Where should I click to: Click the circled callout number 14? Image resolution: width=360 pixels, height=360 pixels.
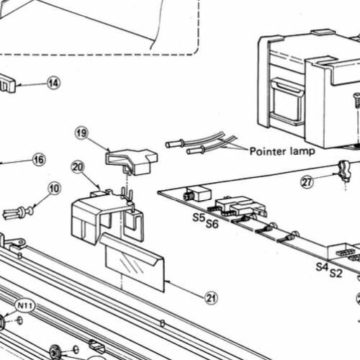click(53, 83)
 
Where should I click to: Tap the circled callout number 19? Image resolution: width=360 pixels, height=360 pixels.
click(81, 133)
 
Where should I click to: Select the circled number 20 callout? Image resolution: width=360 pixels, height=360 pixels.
click(78, 167)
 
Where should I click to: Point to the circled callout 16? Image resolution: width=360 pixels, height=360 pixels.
click(39, 160)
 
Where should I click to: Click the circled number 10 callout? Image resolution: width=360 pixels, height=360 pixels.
click(54, 189)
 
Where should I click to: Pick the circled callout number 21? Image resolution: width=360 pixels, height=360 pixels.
click(212, 298)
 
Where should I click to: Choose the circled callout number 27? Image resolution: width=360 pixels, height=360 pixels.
click(307, 182)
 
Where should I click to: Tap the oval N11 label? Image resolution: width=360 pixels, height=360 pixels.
click(25, 306)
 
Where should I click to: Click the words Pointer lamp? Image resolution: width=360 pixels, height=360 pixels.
click(282, 151)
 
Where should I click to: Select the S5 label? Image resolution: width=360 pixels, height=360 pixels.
click(199, 218)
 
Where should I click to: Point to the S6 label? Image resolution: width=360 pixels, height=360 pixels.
click(212, 224)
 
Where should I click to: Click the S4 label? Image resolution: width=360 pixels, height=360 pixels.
click(323, 266)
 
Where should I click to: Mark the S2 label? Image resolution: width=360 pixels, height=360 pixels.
click(336, 273)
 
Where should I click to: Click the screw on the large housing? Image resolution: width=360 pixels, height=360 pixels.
click(357, 100)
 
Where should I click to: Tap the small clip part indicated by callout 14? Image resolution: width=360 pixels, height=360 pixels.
click(6, 83)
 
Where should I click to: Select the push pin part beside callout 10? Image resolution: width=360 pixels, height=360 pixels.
click(18, 212)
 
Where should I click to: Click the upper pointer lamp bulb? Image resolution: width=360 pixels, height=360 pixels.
click(175, 144)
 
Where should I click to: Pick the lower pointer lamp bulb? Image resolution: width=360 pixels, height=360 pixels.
click(196, 150)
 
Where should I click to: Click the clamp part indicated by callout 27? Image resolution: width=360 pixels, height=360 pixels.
click(344, 171)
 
